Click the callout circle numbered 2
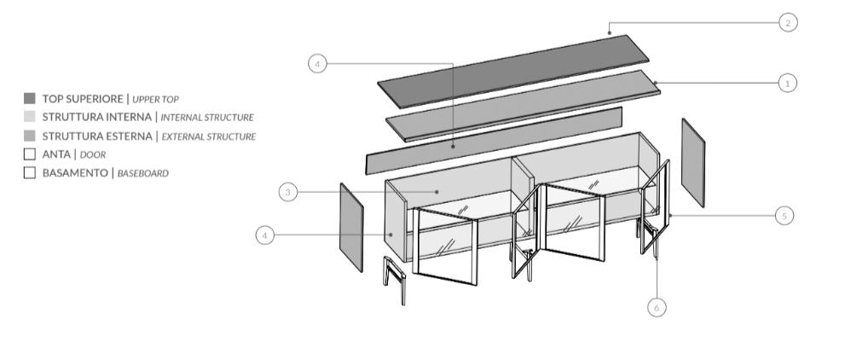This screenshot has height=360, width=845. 787,23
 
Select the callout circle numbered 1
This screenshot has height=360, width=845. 787,83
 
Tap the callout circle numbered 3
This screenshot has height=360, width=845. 289,193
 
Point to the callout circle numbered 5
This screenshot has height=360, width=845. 785,216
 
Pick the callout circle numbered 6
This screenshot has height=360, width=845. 656,306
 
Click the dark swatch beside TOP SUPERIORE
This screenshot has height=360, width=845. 30,98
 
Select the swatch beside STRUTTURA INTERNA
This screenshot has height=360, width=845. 30,117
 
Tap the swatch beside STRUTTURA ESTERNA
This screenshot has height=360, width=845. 30,136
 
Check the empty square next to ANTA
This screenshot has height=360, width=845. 30,154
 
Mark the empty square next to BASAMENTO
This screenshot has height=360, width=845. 30,173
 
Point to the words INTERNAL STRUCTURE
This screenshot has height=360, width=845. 207,118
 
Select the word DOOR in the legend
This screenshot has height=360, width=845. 92,155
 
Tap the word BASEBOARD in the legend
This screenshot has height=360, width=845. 142,174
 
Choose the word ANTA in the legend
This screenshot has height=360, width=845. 56,154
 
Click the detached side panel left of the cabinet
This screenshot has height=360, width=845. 351,226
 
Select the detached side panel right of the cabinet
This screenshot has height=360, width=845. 692,162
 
